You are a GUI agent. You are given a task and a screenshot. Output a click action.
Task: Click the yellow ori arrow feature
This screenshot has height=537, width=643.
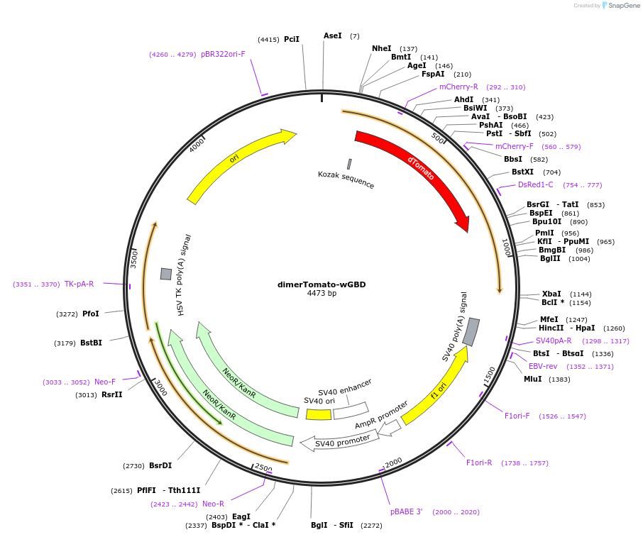(234, 160)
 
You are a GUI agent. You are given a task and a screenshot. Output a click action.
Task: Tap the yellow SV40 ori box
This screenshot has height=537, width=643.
(319, 414)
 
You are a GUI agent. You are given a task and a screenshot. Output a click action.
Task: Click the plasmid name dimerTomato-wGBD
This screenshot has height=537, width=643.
(321, 284)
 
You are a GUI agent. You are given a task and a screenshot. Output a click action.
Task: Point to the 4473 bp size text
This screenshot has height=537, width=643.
(321, 294)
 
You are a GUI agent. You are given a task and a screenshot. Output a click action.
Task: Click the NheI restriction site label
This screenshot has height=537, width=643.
(381, 49)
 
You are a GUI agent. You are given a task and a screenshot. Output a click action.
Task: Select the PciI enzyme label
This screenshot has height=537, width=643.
(292, 40)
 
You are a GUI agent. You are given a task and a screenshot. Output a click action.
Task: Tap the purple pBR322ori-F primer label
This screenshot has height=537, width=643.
(223, 54)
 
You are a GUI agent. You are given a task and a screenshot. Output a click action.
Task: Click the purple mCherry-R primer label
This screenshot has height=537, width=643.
(458, 87)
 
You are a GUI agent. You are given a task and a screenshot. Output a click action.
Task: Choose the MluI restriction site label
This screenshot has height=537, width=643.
(532, 380)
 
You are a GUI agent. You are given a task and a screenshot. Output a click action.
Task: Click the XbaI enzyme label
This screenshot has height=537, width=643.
(551, 294)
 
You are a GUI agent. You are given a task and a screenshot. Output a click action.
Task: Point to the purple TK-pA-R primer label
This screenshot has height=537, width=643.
(79, 284)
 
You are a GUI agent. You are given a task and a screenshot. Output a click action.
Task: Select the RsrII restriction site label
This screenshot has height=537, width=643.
(111, 394)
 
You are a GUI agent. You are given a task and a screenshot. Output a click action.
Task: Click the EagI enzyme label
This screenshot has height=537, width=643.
(241, 516)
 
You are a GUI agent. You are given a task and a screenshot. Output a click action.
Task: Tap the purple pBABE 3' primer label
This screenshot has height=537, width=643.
(407, 511)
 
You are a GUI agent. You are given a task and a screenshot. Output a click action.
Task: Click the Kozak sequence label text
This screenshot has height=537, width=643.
(346, 179)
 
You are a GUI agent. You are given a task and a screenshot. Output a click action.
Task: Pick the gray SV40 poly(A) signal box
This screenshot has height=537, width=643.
(471, 331)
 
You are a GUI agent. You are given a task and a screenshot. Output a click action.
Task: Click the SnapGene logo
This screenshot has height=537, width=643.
(621, 6)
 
